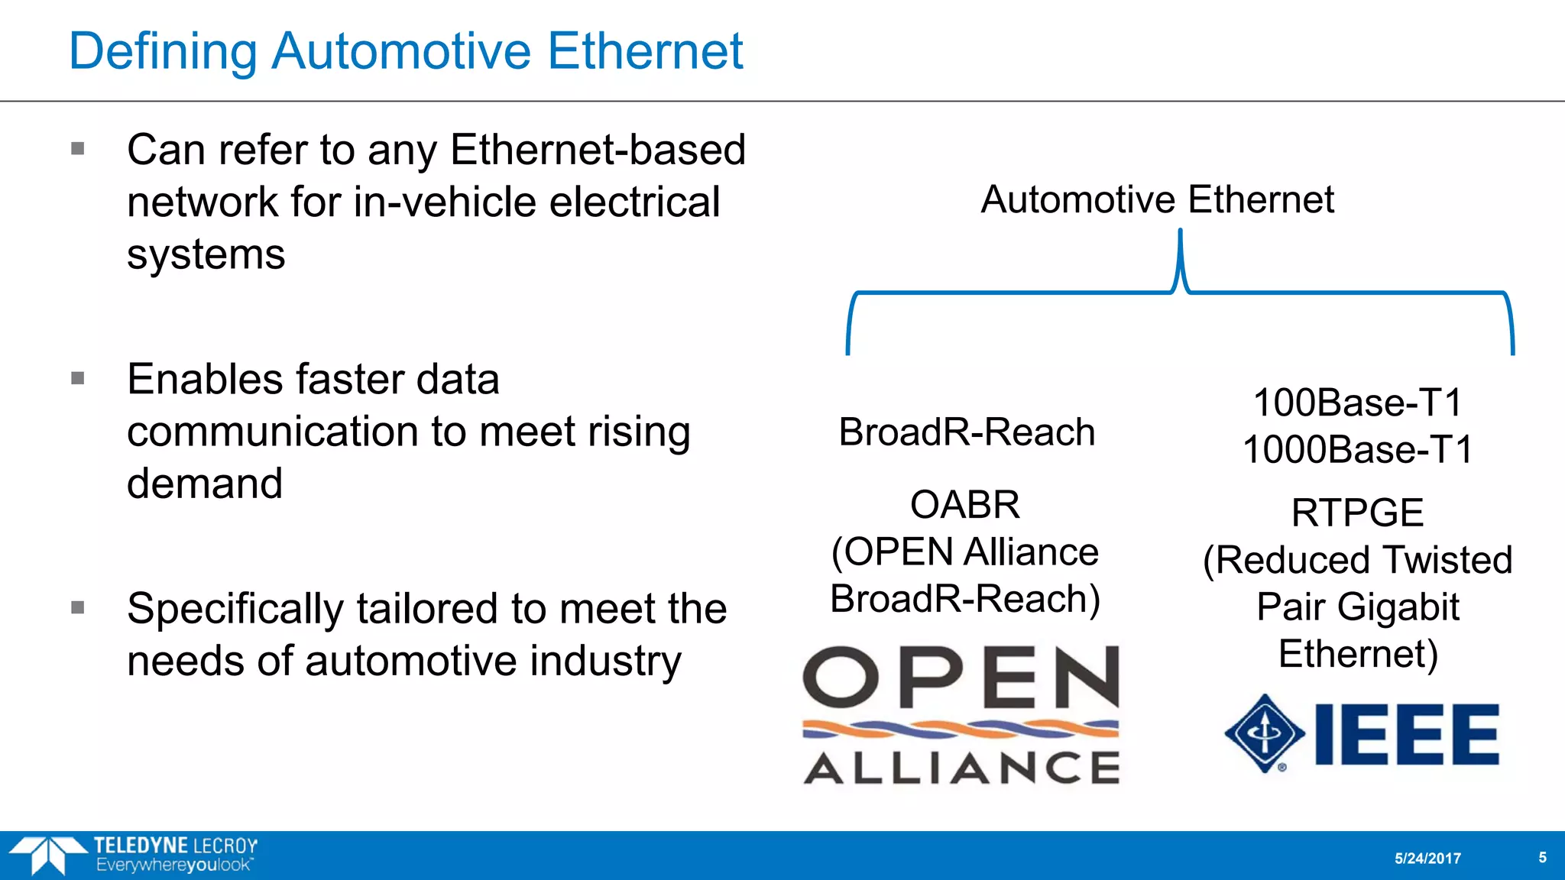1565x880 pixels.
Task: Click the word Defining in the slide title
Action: point(163,52)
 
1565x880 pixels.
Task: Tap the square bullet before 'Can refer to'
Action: point(77,148)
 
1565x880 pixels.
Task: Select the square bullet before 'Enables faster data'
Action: point(77,378)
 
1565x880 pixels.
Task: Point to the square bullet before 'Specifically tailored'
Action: point(77,607)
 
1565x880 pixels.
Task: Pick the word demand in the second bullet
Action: point(205,484)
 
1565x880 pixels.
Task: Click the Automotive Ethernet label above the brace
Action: point(1157,199)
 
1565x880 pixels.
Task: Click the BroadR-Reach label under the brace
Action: point(967,432)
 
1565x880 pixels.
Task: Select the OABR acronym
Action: point(965,505)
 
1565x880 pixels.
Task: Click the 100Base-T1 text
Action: point(1357,403)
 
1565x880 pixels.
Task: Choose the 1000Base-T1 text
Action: point(1357,449)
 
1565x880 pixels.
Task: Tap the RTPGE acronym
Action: point(1357,513)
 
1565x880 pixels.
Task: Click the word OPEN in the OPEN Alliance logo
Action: point(961,678)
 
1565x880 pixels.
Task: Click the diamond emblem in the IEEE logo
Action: point(1265,733)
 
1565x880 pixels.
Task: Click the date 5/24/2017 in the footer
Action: point(1427,859)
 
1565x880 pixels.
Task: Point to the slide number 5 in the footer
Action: point(1542,858)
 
